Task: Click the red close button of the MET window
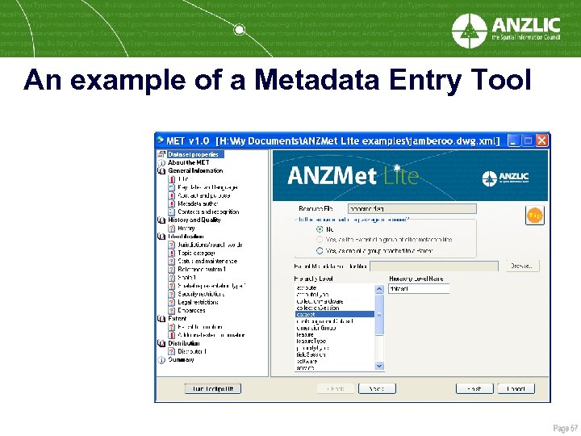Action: (542, 140)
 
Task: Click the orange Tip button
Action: (534, 216)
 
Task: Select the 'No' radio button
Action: (320, 229)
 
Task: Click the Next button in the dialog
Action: (377, 388)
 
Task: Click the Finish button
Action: (474, 388)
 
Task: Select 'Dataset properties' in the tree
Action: (193, 154)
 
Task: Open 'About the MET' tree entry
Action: (188, 162)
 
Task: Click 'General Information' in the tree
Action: (195, 170)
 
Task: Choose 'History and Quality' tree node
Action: (194, 220)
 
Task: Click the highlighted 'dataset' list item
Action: (334, 314)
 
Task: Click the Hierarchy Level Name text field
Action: (419, 288)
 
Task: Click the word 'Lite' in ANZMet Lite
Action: (402, 176)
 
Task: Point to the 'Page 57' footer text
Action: (565, 426)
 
